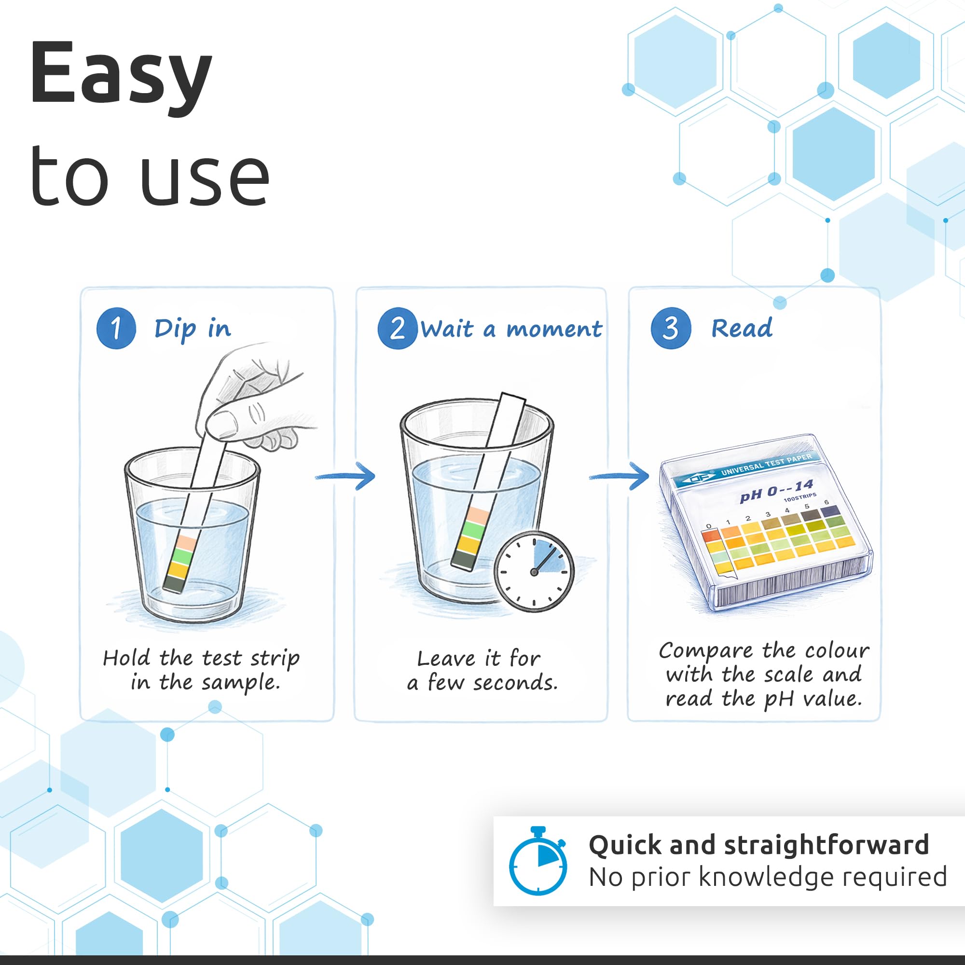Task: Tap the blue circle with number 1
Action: coord(116,328)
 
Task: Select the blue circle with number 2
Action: coord(397,328)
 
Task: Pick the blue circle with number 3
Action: coord(671,328)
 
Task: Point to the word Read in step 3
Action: coord(742,328)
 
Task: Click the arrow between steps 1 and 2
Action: coord(345,476)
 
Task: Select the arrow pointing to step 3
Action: coord(620,476)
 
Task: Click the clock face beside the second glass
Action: coord(534,572)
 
